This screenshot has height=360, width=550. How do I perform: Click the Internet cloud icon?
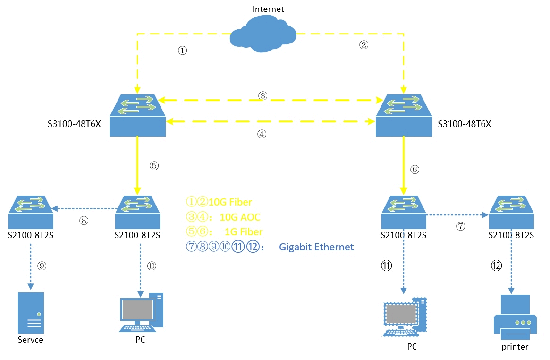pyautogui.click(x=263, y=35)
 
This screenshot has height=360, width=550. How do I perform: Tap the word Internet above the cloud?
pyautogui.click(x=268, y=9)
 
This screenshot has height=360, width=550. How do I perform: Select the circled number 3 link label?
pyautogui.click(x=263, y=96)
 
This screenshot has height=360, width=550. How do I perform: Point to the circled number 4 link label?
pyautogui.click(x=262, y=134)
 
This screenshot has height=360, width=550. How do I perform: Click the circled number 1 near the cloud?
pyautogui.click(x=183, y=51)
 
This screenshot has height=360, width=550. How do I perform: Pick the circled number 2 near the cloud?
pyautogui.click(x=364, y=45)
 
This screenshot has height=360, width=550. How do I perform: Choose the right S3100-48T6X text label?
pyautogui.click(x=465, y=125)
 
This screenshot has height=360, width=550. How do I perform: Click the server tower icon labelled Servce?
pyautogui.click(x=31, y=313)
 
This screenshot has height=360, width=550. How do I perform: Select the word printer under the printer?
pyautogui.click(x=515, y=347)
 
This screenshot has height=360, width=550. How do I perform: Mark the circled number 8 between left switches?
pyautogui.click(x=84, y=220)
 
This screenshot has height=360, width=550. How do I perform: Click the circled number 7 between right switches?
pyautogui.click(x=460, y=226)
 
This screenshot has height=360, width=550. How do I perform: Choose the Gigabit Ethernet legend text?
pyautogui.click(x=316, y=247)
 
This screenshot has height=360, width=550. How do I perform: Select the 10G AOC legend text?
pyautogui.click(x=240, y=217)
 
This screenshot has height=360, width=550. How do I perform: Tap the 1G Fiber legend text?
pyautogui.click(x=244, y=232)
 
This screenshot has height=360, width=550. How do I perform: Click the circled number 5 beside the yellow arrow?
pyautogui.click(x=154, y=166)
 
